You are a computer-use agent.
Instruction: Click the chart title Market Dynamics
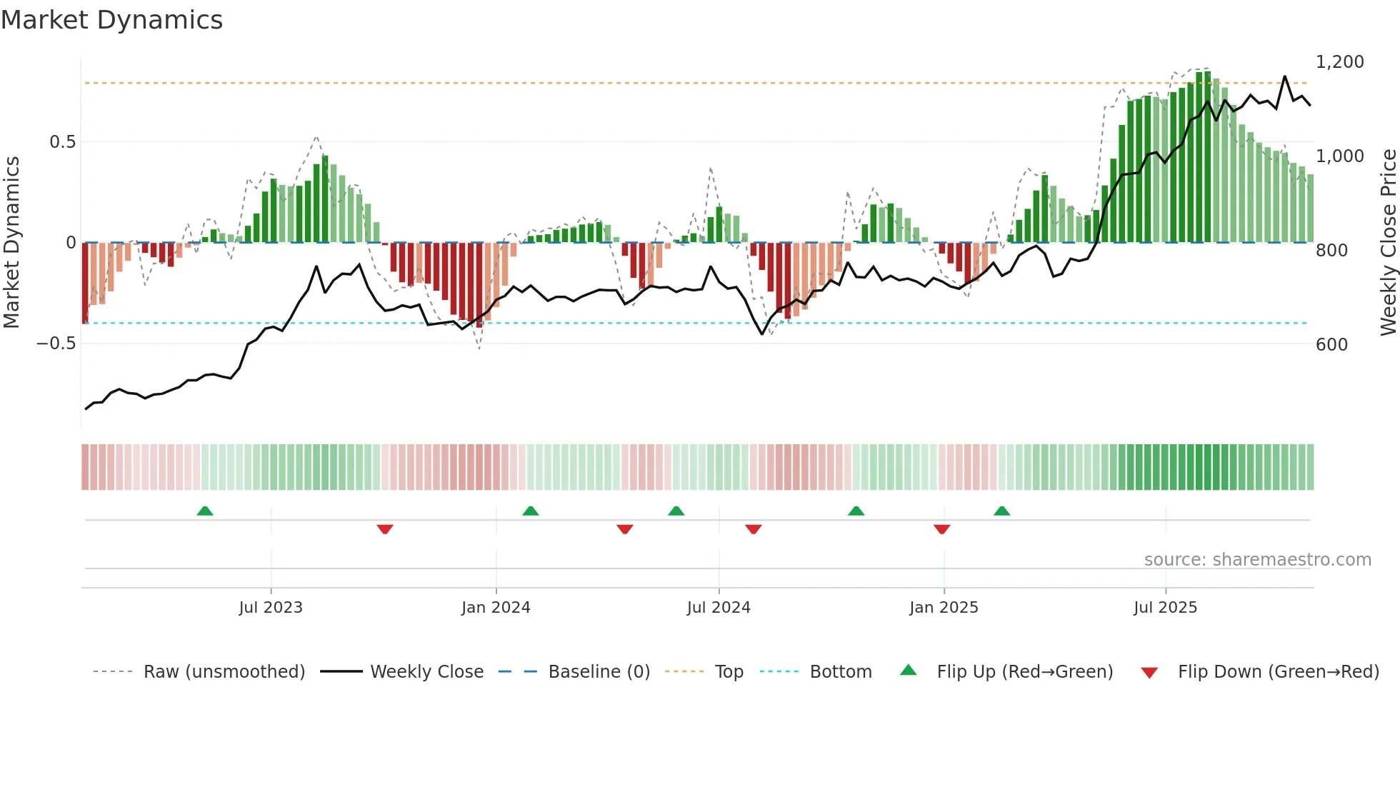[112, 20]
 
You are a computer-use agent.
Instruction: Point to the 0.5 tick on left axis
[62, 141]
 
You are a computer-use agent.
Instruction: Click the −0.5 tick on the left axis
[56, 344]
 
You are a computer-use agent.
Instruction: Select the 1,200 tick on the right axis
[1339, 62]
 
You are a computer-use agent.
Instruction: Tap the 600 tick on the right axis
[1331, 344]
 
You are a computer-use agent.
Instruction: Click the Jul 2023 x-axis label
[271, 608]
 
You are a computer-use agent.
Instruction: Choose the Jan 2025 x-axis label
[944, 608]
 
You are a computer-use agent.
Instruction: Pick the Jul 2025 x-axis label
[1165, 608]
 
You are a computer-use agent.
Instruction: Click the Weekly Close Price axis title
[1388, 243]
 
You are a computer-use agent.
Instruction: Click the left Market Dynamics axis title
[11, 243]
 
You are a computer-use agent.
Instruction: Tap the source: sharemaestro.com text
[1257, 560]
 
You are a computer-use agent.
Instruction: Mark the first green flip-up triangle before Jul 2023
[205, 511]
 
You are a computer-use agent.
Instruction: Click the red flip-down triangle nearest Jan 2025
[941, 529]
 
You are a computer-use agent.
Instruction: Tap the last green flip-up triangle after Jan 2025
[1001, 511]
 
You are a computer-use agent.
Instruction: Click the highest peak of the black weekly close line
[1284, 76]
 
